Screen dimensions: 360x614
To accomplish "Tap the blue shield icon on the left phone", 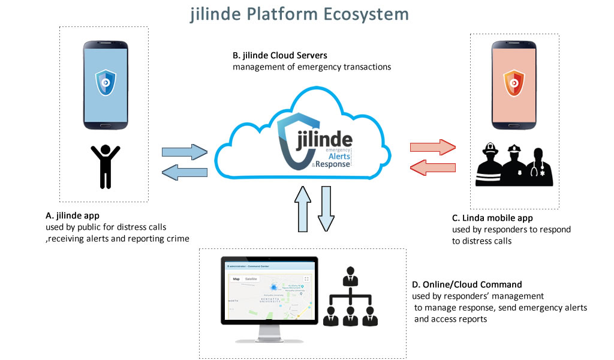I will [106, 82].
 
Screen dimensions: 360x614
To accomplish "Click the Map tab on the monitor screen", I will [236, 279].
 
